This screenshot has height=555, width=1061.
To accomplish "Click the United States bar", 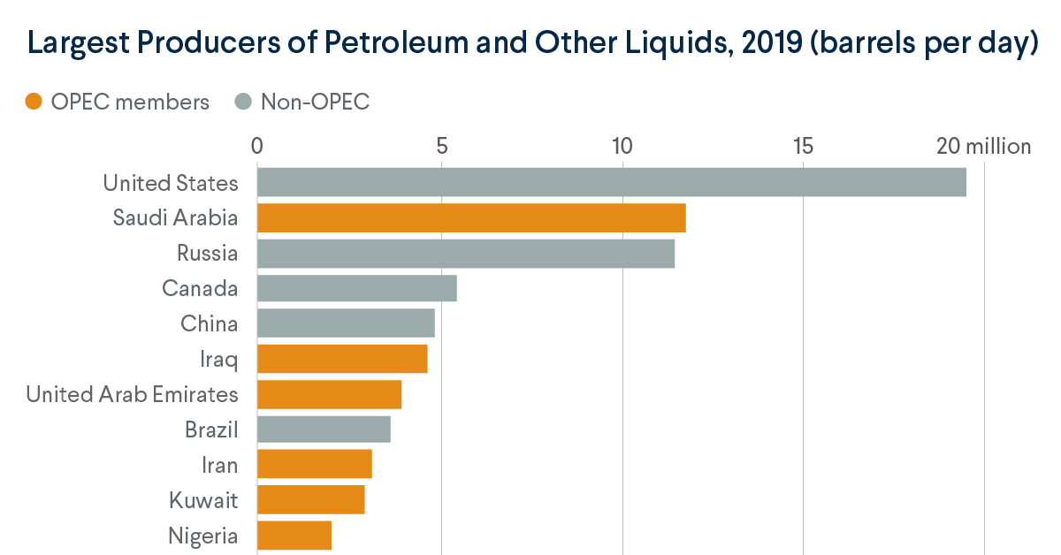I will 611,182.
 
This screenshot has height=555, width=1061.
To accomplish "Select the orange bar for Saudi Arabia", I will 471,217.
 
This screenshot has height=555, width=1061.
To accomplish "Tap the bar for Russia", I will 466,253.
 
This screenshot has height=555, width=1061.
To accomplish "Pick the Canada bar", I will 356,288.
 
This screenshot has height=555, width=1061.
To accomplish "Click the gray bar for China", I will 346,323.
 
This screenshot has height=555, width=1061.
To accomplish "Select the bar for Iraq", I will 342,359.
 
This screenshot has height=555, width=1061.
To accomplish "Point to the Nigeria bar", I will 294,536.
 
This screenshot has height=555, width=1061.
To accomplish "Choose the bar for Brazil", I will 324,430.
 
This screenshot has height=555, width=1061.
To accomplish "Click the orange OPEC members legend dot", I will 34,103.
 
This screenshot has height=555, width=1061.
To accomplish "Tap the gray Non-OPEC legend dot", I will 244,103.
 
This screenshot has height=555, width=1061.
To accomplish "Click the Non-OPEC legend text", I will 315,103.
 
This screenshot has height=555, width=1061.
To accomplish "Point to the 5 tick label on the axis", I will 440,146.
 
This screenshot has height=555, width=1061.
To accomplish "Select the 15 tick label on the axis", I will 803,146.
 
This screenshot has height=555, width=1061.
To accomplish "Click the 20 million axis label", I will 983,146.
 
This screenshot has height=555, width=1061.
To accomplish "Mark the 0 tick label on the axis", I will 257,146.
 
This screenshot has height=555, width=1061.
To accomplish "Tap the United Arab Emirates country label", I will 132,394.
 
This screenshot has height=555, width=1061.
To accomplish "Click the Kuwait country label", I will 203,500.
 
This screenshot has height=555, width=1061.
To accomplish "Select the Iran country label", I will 219,465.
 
